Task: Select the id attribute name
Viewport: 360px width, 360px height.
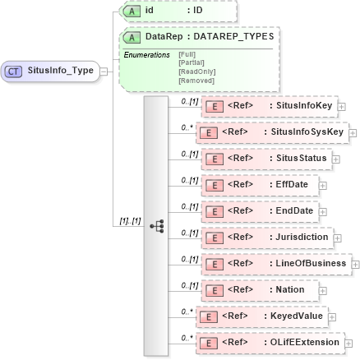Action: tap(149, 11)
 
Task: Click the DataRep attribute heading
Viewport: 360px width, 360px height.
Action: tap(199, 37)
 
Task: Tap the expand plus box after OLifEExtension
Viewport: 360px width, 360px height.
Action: tap(349, 341)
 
